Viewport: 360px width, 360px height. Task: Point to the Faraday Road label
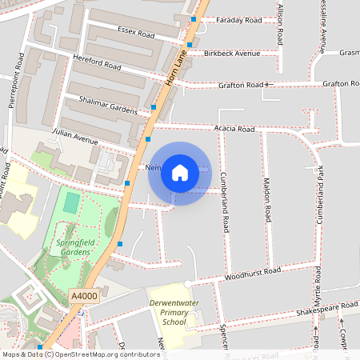click(x=238, y=20)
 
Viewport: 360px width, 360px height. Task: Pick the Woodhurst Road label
click(x=252, y=272)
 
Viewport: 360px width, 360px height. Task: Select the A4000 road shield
click(x=84, y=295)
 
